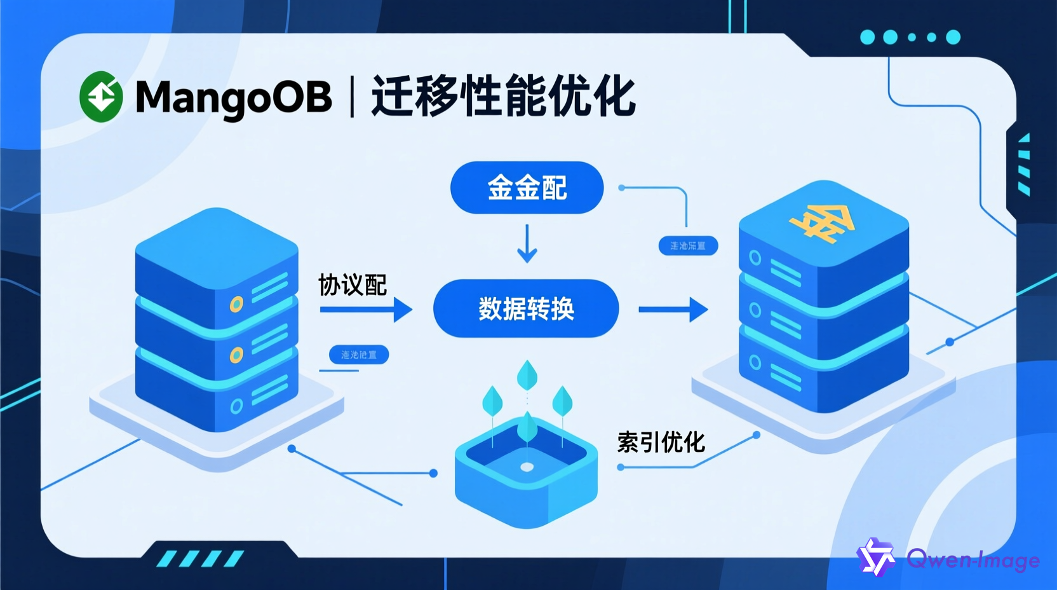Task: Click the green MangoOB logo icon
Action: pos(101,97)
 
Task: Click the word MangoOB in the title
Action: pos(233,97)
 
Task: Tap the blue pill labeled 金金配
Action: pos(527,188)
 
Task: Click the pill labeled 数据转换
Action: pos(526,308)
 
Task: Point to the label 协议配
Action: pos(353,285)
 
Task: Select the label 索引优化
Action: pos(661,442)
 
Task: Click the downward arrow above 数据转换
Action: pos(527,244)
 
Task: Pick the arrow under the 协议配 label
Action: pos(366,310)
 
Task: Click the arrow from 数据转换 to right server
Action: pos(673,310)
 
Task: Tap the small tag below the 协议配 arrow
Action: pos(359,355)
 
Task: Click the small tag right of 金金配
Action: pos(688,246)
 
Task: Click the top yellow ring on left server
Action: pos(236,305)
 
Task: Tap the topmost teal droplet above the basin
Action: pos(527,375)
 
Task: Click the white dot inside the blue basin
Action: pos(527,467)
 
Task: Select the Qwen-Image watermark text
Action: pos(973,559)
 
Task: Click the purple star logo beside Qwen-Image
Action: pos(876,558)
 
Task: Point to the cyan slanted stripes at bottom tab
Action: pos(201,559)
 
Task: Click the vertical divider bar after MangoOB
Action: pos(352,97)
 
